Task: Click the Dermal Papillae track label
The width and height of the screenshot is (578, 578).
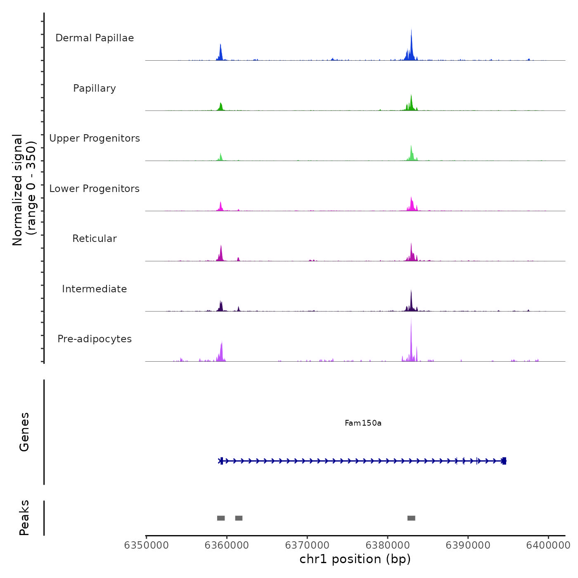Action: tap(95, 38)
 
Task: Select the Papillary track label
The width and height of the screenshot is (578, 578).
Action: tap(95, 88)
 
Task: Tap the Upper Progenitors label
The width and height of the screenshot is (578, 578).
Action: tap(95, 138)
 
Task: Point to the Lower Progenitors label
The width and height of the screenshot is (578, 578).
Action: tap(95, 189)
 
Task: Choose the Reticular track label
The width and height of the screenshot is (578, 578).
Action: tap(95, 239)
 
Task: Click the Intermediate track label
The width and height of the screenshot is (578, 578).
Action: tap(95, 289)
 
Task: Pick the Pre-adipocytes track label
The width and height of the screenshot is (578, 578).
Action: tap(95, 339)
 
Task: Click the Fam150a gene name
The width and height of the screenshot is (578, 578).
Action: tap(363, 423)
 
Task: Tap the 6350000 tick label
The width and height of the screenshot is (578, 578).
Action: tap(146, 545)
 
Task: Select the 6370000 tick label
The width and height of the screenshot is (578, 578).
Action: tap(307, 545)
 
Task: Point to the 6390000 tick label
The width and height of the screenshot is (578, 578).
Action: tap(468, 545)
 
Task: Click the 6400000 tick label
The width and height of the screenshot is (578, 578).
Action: tap(548, 545)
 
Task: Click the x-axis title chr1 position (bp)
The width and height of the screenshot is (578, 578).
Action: tap(355, 559)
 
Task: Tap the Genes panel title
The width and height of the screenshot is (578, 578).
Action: tap(24, 432)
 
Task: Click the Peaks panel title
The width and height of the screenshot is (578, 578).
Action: tap(24, 518)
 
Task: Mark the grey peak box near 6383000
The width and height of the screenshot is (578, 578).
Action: tap(411, 518)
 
